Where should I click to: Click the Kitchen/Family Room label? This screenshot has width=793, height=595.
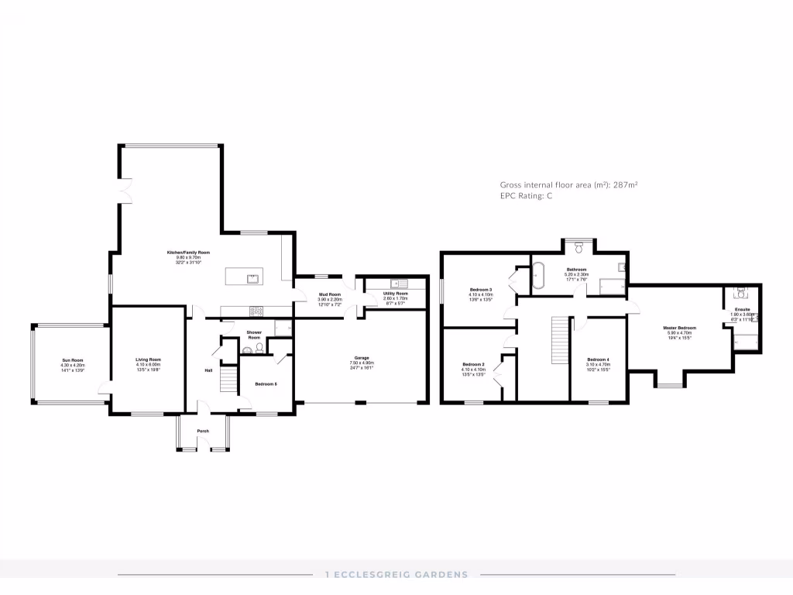[189, 253]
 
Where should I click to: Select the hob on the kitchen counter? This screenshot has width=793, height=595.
[256, 311]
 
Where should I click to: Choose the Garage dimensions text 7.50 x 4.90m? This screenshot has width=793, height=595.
[362, 363]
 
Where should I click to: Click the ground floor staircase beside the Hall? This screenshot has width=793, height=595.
[227, 380]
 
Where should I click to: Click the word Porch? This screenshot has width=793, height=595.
[203, 431]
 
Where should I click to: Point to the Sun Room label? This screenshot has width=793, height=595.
[73, 360]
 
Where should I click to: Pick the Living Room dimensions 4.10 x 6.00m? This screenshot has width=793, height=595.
[149, 364]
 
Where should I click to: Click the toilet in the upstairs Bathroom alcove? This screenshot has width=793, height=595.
[578, 247]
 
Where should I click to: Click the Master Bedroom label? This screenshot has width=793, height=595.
[679, 328]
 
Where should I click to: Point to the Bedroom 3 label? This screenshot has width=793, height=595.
[480, 290]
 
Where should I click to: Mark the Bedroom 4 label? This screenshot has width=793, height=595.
[598, 359]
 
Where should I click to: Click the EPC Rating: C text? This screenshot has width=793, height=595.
[527, 197]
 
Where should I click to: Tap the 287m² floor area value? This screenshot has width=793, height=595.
[625, 185]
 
